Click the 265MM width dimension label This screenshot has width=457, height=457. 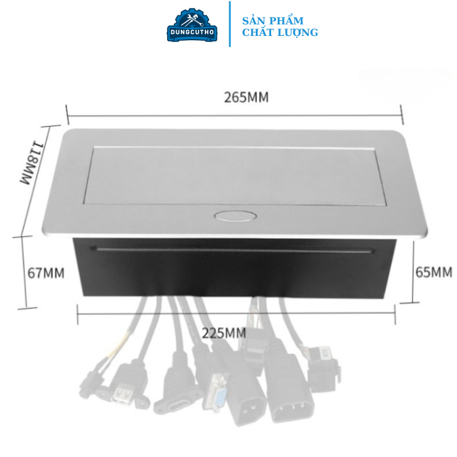coord(246,97)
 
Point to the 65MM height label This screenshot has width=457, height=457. coord(433,272)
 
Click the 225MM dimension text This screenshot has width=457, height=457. coord(224,333)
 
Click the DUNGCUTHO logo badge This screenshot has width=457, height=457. coord(193,25)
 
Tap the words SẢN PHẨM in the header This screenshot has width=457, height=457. coord(272,21)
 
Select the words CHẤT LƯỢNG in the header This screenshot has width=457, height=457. coord(280,33)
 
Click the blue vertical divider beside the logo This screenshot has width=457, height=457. coord(230,24)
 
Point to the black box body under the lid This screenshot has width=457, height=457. coord(234,271)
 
